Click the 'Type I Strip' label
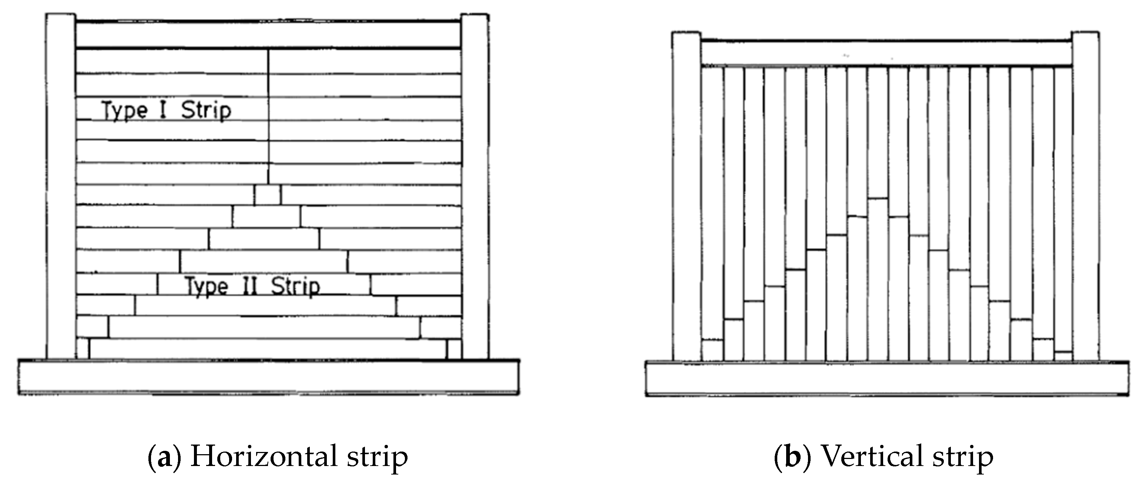point(166,110)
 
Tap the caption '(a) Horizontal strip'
point(278,456)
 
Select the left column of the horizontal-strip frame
point(61,186)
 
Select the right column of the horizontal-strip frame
point(475,186)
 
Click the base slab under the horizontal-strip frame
point(268,377)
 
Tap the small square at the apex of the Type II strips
point(267,195)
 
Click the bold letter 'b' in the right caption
point(792,456)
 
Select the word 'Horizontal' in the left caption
point(264,456)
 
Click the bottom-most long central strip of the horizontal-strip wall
point(268,349)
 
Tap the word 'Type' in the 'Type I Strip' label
point(124,111)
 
